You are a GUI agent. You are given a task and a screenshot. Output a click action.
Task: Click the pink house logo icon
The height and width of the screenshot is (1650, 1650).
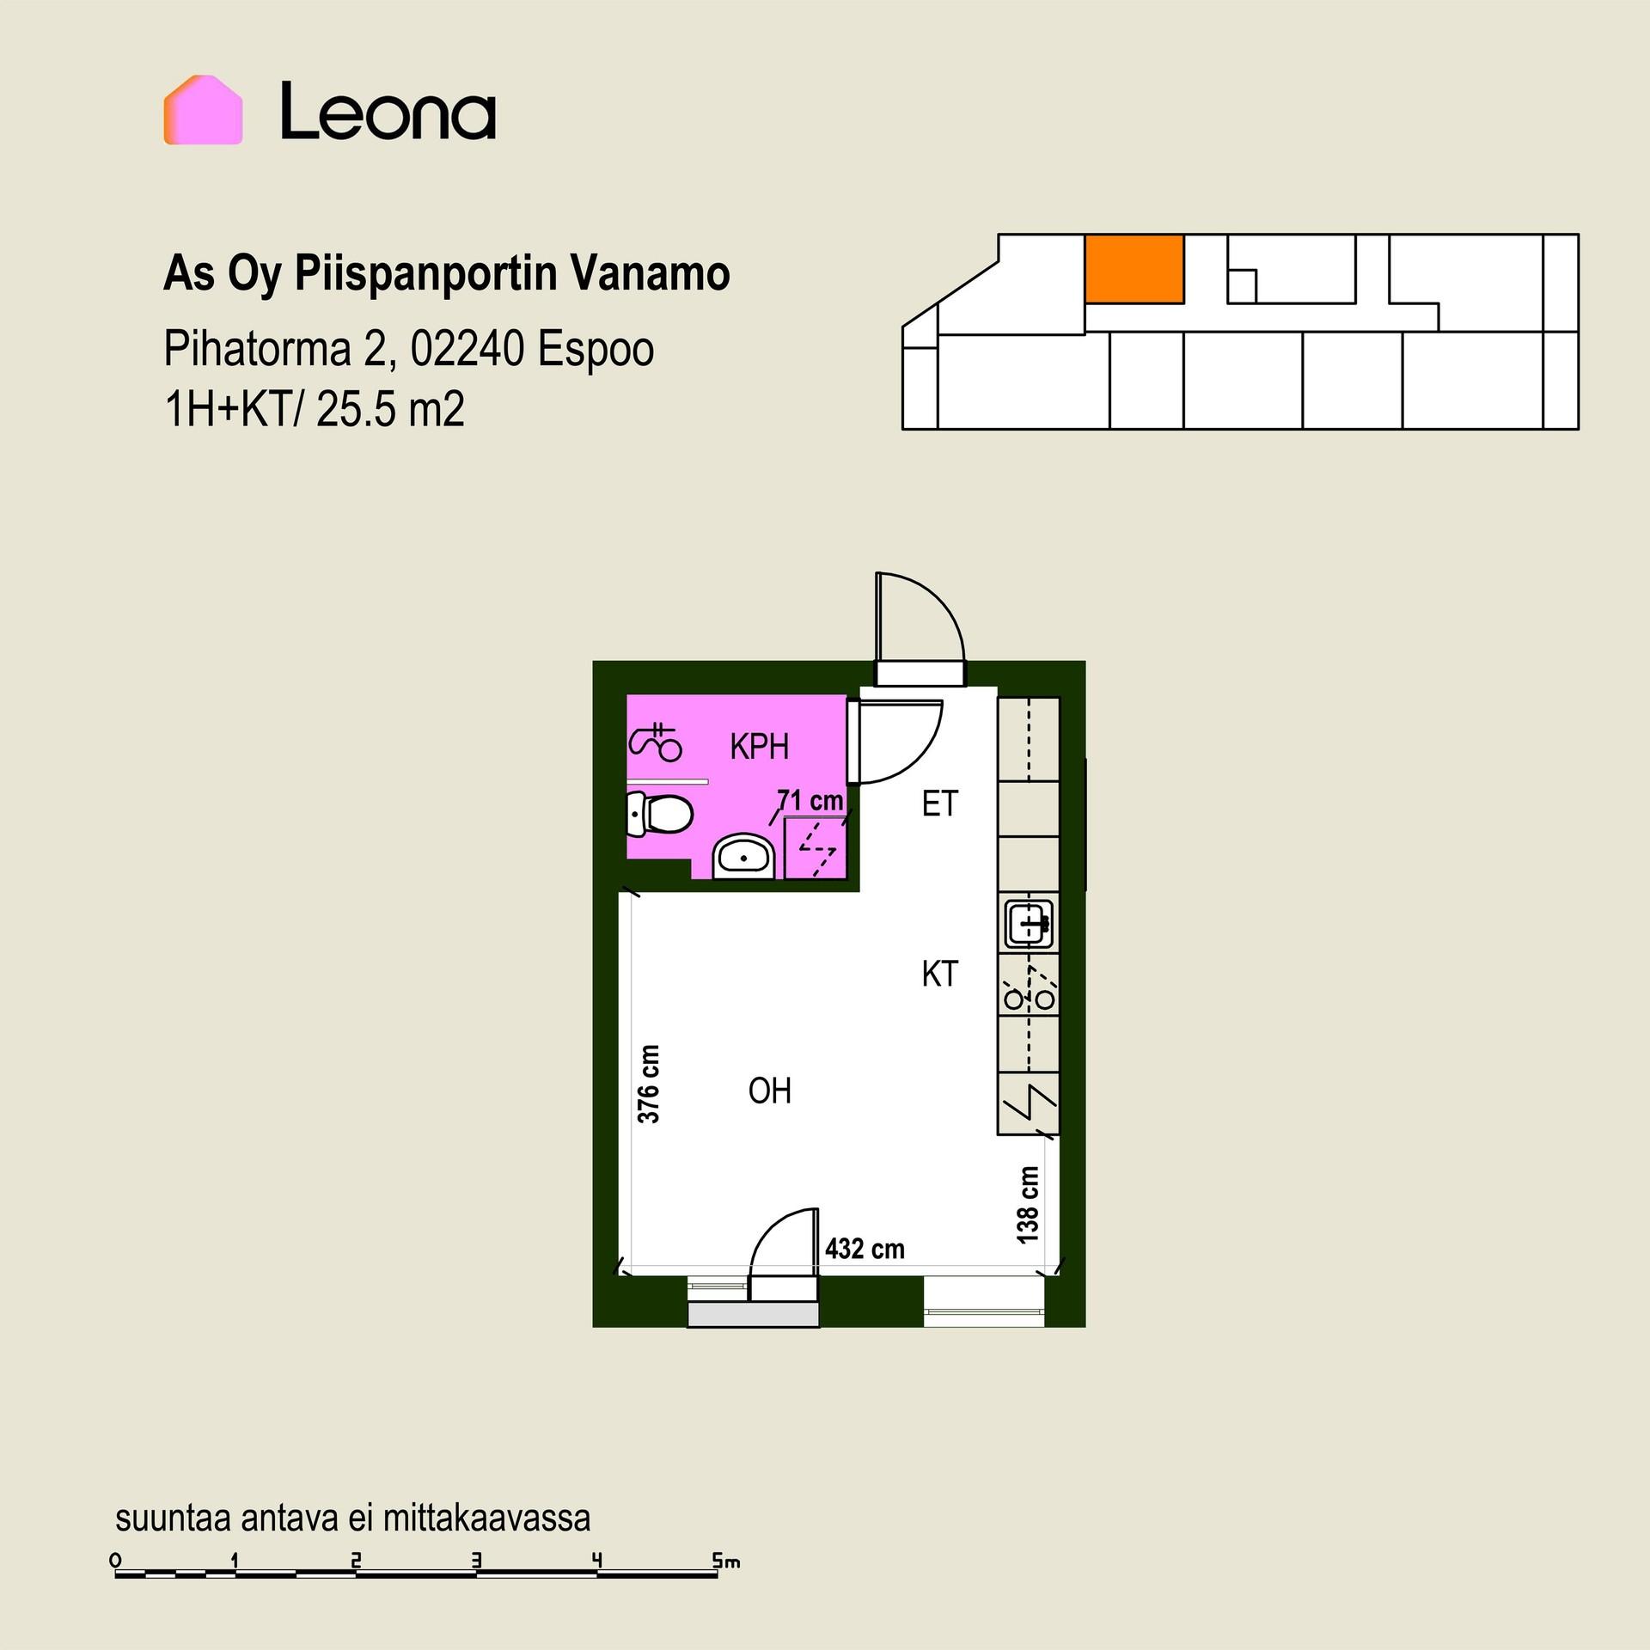204,110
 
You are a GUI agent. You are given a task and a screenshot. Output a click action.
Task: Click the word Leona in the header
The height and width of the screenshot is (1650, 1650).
388,111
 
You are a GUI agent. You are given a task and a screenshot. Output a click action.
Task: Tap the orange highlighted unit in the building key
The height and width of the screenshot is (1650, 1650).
1134,268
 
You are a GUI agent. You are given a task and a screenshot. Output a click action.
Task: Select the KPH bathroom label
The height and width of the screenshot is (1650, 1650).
759,747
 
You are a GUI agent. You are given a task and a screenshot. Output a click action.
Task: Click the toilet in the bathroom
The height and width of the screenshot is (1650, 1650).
659,814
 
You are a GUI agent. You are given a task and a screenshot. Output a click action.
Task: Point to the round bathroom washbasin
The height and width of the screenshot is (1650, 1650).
744,855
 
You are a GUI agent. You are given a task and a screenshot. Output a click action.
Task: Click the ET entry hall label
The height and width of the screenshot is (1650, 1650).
939,804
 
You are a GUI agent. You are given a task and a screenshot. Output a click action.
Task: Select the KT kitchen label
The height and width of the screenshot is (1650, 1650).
939,975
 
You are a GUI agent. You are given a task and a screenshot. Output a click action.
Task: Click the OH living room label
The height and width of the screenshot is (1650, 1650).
769,1091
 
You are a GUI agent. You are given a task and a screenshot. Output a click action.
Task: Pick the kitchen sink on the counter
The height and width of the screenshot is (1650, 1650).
1030,925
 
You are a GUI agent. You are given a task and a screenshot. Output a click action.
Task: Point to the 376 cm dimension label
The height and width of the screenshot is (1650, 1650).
649,1084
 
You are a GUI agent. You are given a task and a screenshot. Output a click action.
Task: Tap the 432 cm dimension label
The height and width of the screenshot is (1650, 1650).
865,1249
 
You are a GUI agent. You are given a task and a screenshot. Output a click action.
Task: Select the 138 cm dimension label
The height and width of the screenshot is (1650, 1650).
1027,1204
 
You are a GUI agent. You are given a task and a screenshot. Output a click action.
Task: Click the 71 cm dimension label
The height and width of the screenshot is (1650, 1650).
810,801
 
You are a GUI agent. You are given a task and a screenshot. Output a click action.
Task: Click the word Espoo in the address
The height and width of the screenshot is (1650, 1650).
596,350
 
